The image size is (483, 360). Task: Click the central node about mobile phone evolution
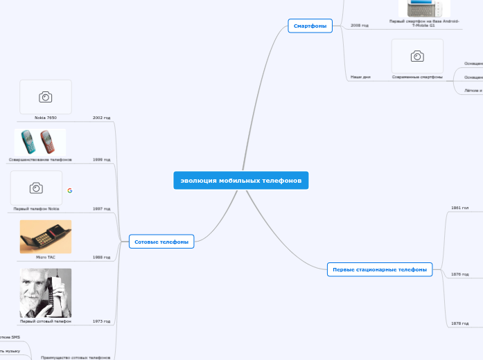pyautogui.click(x=241, y=181)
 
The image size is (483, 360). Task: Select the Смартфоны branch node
pyautogui.click(x=310, y=26)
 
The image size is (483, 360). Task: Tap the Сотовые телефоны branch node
pyautogui.click(x=161, y=242)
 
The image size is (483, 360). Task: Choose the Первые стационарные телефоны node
pyautogui.click(x=379, y=269)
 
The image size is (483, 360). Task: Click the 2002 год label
pyautogui.click(x=102, y=118)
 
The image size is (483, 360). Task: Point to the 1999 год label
pyautogui.click(x=102, y=159)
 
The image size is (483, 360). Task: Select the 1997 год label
pyautogui.click(x=102, y=208)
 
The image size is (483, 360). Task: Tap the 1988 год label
pyautogui.click(x=102, y=257)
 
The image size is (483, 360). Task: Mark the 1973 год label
pyautogui.click(x=102, y=321)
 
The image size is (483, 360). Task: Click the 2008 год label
pyautogui.click(x=360, y=25)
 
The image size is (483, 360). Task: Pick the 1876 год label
pyautogui.click(x=460, y=274)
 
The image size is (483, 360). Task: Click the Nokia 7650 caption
pyautogui.click(x=46, y=118)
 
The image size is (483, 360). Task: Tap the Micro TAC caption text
pyautogui.click(x=46, y=257)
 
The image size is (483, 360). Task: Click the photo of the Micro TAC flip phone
pyautogui.click(x=46, y=237)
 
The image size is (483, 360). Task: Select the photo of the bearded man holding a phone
pyautogui.click(x=46, y=293)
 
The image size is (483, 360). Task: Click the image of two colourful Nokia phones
pyautogui.click(x=39, y=142)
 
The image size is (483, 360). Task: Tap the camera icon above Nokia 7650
pyautogui.click(x=45, y=97)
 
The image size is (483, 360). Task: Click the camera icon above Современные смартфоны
pyautogui.click(x=417, y=56)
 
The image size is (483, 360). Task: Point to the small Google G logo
pyautogui.click(x=70, y=190)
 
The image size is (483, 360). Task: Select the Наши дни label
pyautogui.click(x=360, y=77)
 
